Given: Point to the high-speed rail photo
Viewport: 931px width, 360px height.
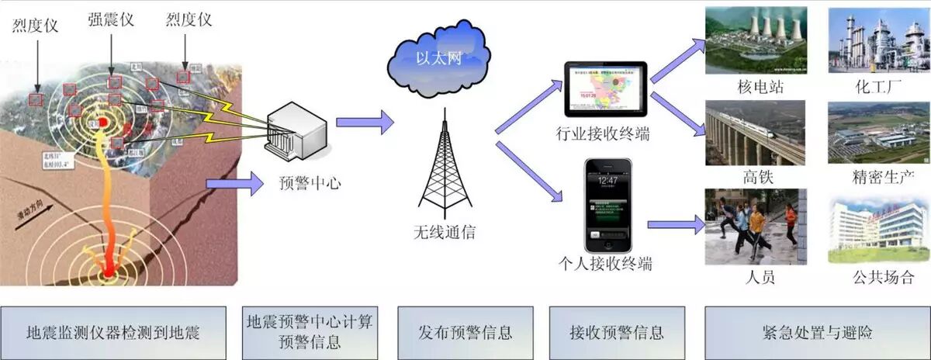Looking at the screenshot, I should tap(755, 133).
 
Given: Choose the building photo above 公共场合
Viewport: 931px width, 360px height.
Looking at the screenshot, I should tap(878, 227).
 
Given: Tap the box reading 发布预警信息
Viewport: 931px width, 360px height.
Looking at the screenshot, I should tap(465, 333).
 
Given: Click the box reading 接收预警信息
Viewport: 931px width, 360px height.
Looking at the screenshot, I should tap(616, 333).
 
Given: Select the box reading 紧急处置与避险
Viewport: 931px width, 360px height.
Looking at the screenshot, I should tap(817, 333).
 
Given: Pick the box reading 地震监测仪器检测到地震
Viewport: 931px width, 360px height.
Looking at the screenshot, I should tap(113, 333).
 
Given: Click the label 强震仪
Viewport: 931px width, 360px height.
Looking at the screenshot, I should tap(111, 19).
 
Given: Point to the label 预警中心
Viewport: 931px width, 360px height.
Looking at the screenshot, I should tap(309, 184).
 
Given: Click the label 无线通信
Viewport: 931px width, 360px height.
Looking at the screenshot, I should tap(445, 231).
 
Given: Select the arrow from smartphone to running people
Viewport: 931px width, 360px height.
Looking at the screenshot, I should tap(673, 224).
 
